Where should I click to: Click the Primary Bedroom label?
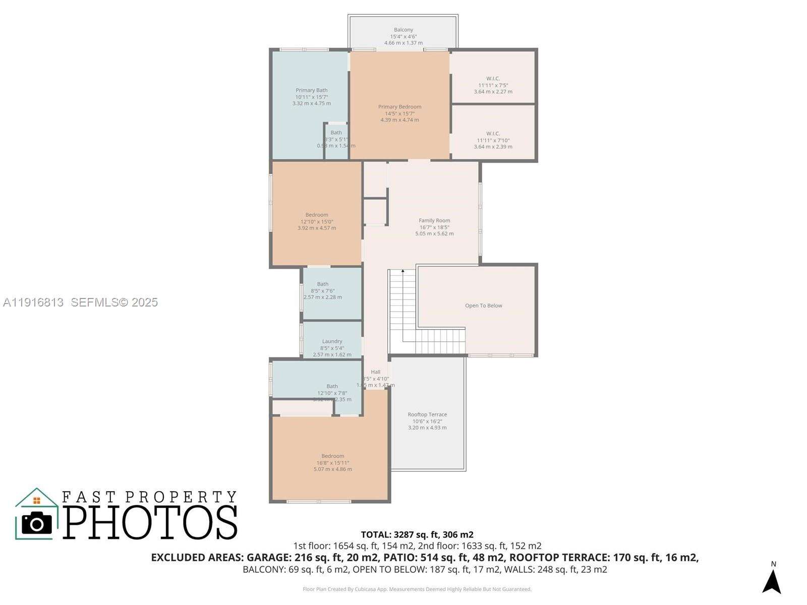[399, 107]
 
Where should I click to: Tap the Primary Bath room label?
[312, 90]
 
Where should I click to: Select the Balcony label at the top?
[403, 30]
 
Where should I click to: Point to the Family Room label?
[434, 220]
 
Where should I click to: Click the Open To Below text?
[483, 306]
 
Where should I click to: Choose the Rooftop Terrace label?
[427, 414]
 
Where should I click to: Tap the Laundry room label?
[332, 341]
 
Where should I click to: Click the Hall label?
[376, 372]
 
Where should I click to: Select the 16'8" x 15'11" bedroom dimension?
[333, 463]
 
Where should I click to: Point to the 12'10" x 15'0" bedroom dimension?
[317, 221]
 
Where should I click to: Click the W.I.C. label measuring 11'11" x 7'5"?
[493, 79]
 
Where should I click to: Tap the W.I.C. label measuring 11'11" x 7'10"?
[493, 134]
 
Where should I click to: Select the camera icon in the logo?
[36, 523]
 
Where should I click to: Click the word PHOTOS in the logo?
[150, 522]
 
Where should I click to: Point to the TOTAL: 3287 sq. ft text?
[417, 534]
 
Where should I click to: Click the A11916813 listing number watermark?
[33, 302]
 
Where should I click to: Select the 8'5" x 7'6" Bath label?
[323, 284]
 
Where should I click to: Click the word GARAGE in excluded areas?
[266, 558]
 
